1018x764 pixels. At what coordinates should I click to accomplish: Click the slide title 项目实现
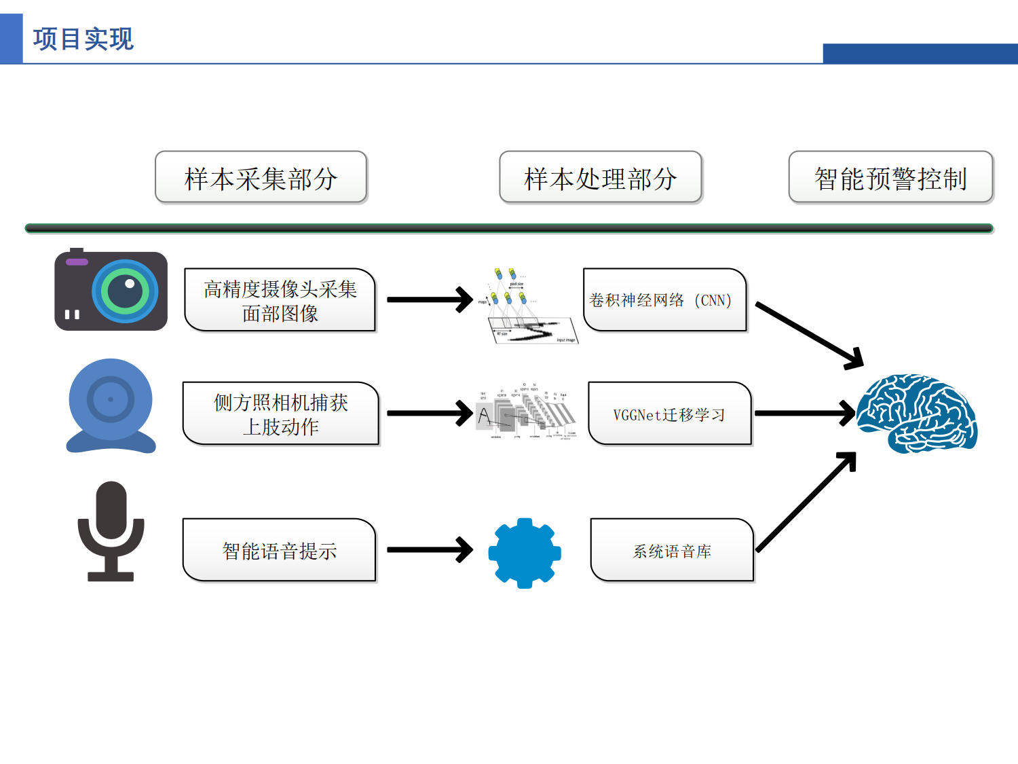point(83,39)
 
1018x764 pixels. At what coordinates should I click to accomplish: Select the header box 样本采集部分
point(261,178)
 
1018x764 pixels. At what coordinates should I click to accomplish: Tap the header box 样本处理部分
point(600,178)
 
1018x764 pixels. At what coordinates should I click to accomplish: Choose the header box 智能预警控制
point(890,178)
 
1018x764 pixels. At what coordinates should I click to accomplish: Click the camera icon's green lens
point(126,291)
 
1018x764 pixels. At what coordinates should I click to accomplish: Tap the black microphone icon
point(111,530)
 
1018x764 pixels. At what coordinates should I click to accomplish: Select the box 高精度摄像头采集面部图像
point(280,300)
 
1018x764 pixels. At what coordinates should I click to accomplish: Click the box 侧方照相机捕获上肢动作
point(280,414)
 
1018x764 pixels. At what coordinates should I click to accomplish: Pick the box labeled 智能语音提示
point(279,550)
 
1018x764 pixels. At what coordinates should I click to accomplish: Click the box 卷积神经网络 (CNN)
point(664,300)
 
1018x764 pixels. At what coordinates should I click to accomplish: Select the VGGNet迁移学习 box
point(669,414)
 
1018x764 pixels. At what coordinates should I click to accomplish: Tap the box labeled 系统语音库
point(672,550)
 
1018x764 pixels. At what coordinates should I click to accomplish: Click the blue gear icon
point(525,553)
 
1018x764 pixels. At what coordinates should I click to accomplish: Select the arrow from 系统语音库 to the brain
point(806,503)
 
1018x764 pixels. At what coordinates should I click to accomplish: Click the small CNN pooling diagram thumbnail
point(527,306)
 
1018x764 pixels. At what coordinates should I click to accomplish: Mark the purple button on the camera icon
point(77,262)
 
